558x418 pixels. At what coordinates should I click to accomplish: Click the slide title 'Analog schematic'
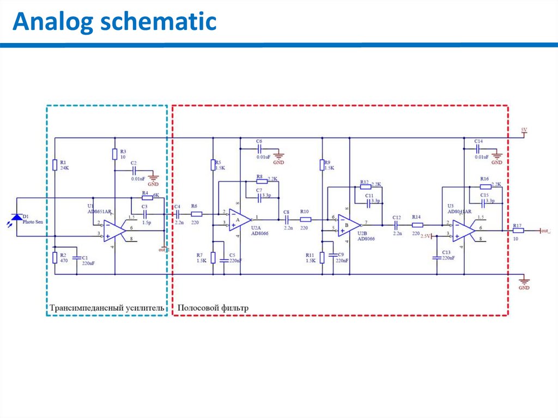(114, 22)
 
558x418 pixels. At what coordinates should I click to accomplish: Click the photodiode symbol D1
(17, 217)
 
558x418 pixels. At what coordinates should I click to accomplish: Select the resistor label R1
(63, 162)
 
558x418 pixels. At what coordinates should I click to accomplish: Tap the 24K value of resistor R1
(64, 168)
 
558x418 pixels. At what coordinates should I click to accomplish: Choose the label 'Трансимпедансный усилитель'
(107, 308)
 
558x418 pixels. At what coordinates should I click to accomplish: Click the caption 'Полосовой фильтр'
(213, 308)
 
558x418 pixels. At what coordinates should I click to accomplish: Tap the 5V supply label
(524, 130)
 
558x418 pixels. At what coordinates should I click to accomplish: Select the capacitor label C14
(478, 141)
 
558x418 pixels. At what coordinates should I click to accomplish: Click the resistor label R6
(194, 207)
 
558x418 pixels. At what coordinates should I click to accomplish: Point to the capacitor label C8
(287, 211)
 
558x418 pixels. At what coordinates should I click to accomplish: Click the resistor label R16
(484, 179)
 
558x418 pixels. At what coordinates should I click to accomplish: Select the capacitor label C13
(446, 252)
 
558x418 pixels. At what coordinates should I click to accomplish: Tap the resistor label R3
(123, 152)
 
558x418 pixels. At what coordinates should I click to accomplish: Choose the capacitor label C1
(84, 257)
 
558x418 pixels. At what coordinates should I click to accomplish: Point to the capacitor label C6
(259, 141)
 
